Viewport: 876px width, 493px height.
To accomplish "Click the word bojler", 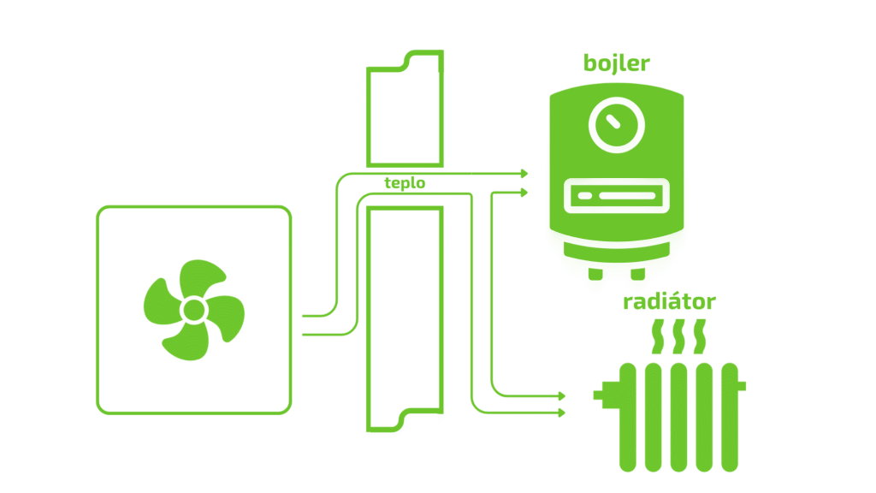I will pyautogui.click(x=616, y=63).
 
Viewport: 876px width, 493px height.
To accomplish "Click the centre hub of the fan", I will pyautogui.click(x=193, y=308).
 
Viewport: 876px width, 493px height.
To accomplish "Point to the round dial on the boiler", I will pyautogui.click(x=615, y=125).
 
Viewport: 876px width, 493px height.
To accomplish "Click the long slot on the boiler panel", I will pyautogui.click(x=628, y=197).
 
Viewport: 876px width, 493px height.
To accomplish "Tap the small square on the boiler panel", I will pyautogui.click(x=584, y=197).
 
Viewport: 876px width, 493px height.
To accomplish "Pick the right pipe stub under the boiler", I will pyautogui.click(x=637, y=272).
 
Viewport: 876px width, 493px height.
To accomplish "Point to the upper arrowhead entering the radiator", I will pyautogui.click(x=561, y=396).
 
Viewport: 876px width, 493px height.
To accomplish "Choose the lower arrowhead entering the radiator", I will pyautogui.click(x=561, y=413).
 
